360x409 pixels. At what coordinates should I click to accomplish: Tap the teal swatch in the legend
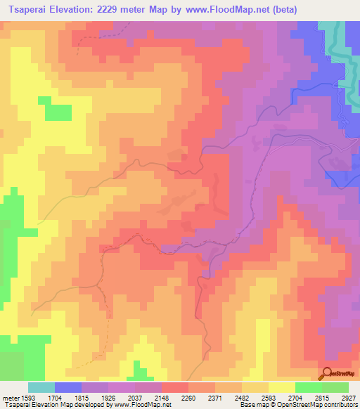[x=41, y=387]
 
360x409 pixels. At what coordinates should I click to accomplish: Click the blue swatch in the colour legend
[x=67, y=387]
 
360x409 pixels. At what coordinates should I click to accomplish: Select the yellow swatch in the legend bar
[x=281, y=387]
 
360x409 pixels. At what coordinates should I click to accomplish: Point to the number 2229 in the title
[x=134, y=10]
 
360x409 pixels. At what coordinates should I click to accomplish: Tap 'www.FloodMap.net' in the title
[x=229, y=10]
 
